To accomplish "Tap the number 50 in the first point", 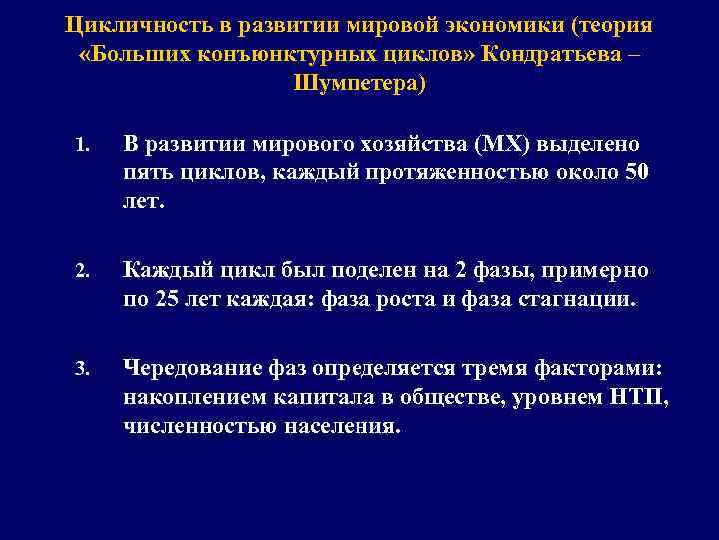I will coord(636,171).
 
